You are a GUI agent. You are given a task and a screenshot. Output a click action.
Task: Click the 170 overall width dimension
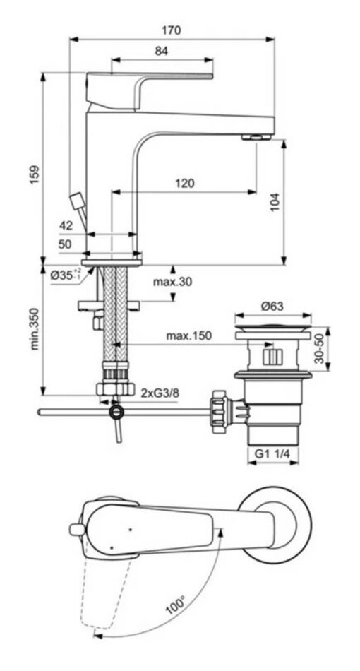click(x=172, y=30)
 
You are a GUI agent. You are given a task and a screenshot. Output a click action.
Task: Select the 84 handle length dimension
click(x=161, y=51)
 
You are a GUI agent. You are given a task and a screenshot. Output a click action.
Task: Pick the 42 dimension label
click(x=66, y=225)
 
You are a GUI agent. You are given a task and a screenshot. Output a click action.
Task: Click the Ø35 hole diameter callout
click(x=66, y=274)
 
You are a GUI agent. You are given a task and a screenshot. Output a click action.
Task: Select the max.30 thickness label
click(x=173, y=282)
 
